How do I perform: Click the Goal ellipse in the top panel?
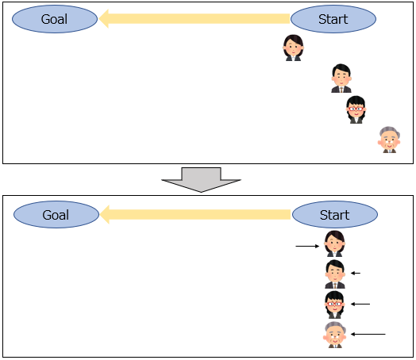pos(55,19)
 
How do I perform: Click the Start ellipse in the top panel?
pos(333,19)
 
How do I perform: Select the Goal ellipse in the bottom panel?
pos(56,215)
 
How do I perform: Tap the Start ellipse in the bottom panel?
pos(335,215)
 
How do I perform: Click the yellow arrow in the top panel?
pos(195,18)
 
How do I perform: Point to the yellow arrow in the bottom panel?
pos(195,214)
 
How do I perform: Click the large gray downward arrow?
pos(202,179)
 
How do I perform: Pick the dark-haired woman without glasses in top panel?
pos(293,48)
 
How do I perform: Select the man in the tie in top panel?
pos(341,79)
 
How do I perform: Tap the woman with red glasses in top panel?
pos(356,109)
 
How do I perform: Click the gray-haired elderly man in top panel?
pos(389,140)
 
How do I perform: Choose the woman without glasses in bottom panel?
pos(334,243)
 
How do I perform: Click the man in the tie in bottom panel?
pos(335,274)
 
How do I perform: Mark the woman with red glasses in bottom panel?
pos(334,304)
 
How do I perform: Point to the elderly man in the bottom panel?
pos(335,335)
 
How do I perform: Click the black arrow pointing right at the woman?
pos(307,246)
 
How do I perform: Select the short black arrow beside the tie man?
pos(356,273)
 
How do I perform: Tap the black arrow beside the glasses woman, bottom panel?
pos(360,304)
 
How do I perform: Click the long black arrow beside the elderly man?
pos(368,334)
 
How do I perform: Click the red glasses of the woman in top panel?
pos(356,109)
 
